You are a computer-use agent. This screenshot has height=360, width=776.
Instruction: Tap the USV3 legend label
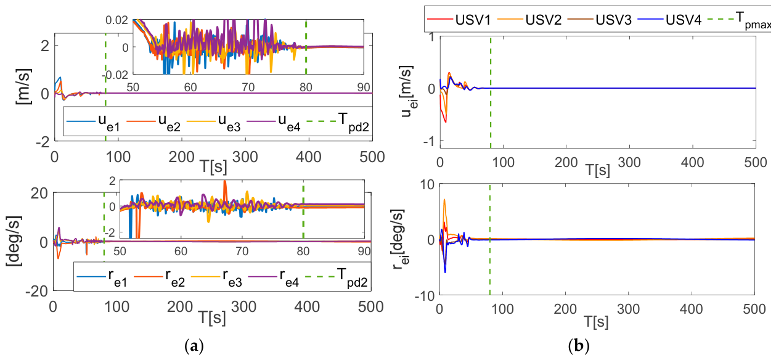[x=613, y=20]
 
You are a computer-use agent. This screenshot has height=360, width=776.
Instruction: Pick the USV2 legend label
[x=543, y=20]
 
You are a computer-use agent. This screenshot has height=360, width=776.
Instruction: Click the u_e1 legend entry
[x=93, y=122]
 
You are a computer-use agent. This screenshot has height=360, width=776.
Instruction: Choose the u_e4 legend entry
[x=274, y=122]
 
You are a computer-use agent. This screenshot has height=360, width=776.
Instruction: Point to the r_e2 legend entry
[x=159, y=277]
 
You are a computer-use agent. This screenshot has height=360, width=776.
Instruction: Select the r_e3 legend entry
[x=216, y=277]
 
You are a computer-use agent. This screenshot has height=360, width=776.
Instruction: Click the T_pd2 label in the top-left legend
[x=353, y=122]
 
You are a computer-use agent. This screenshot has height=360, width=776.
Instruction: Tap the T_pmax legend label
[x=753, y=20]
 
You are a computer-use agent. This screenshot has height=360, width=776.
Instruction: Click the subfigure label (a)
[x=194, y=346]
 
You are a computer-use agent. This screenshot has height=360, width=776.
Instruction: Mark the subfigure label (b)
[x=579, y=346]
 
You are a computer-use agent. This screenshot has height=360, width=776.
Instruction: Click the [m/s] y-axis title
[x=23, y=87]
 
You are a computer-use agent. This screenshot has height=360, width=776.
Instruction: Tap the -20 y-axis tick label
[x=37, y=291]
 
